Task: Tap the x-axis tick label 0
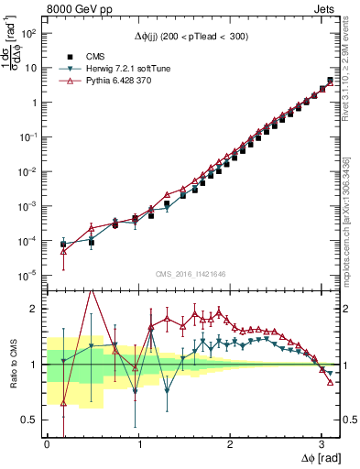(x=47, y=444)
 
